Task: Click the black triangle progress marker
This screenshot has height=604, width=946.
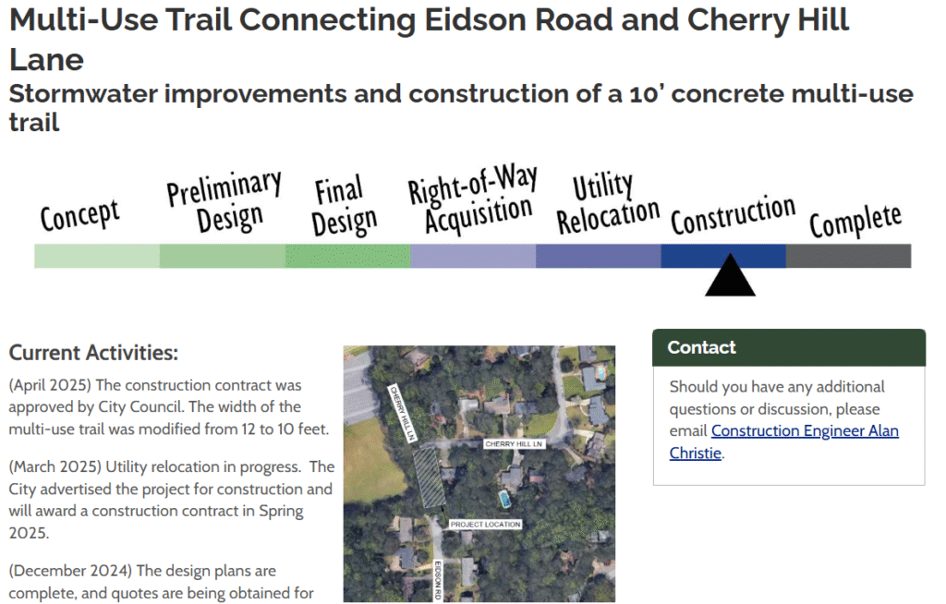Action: [x=730, y=275]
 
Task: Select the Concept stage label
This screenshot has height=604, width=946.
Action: [x=79, y=214]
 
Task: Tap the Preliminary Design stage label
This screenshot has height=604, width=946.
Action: [x=224, y=200]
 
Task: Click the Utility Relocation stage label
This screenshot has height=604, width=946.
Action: [x=608, y=203]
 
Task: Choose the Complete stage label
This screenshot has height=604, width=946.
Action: [x=855, y=221]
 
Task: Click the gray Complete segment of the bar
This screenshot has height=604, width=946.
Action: [x=848, y=257]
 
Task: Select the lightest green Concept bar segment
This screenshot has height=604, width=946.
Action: [x=97, y=257]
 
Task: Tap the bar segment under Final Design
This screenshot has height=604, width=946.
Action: [x=347, y=257]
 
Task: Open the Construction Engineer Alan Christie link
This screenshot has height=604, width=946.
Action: [x=783, y=441]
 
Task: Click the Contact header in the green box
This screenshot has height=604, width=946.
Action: [x=702, y=347]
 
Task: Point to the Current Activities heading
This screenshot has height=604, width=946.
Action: [x=93, y=353]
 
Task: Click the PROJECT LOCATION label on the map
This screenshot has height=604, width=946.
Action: [x=485, y=525]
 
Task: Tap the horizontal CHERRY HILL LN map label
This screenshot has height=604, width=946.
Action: [x=514, y=444]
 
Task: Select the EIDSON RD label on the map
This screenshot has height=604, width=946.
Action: [x=438, y=580]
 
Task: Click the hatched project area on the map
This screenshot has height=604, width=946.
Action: [x=429, y=477]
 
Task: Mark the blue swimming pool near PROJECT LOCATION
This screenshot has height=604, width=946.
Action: [x=504, y=499]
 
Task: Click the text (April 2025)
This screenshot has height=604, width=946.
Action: [x=50, y=385]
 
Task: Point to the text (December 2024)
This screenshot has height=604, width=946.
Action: [x=70, y=571]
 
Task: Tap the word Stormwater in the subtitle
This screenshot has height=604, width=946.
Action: [x=83, y=94]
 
